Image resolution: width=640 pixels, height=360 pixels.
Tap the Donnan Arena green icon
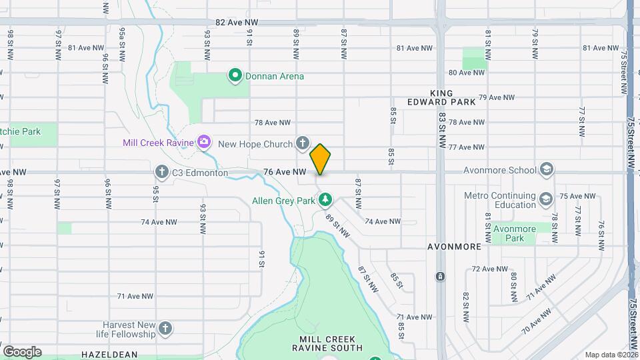click(x=235, y=76)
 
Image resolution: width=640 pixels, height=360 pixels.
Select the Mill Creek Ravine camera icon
click(x=203, y=142)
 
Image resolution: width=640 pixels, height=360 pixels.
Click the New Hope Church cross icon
click(x=302, y=143)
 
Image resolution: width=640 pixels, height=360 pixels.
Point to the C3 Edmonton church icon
click(x=162, y=173)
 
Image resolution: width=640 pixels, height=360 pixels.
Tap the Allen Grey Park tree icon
click(x=325, y=199)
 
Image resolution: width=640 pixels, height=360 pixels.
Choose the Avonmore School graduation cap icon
click(x=547, y=169)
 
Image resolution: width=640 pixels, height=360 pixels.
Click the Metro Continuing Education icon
click(x=545, y=199)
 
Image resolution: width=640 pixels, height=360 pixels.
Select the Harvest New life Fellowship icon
click(x=165, y=328)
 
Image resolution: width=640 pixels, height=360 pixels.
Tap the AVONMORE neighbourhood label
click(x=454, y=247)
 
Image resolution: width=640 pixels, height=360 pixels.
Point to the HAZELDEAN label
click(x=109, y=355)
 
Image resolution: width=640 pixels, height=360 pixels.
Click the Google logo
click(x=22, y=351)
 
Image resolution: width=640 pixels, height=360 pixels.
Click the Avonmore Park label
click(x=514, y=233)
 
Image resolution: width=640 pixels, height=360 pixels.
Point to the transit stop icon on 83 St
click(x=440, y=277)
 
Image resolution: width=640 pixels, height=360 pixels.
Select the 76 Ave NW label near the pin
click(x=285, y=172)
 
